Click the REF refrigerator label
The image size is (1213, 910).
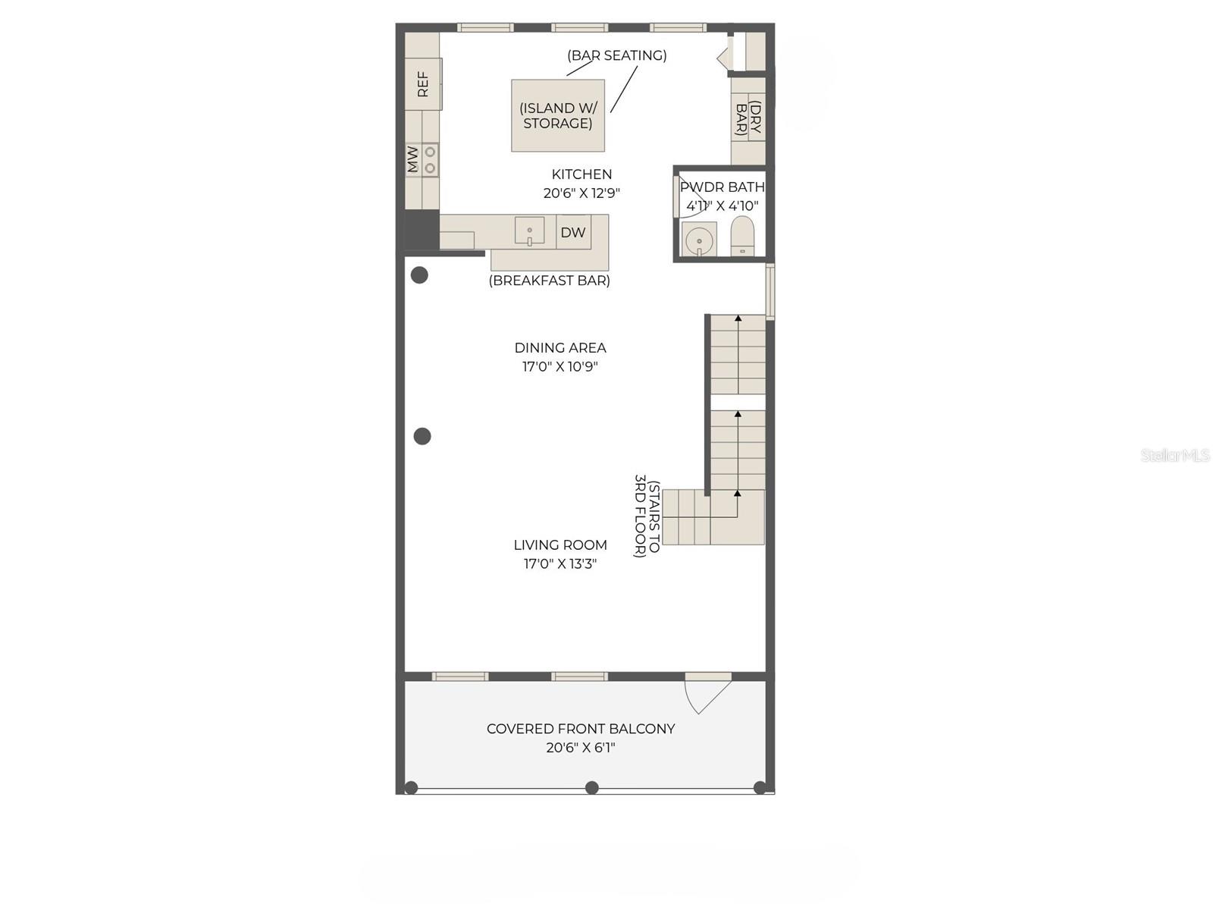[423, 84]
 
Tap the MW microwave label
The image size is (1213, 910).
[412, 160]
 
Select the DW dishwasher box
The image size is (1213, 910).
[573, 233]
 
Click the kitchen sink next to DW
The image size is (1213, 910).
[529, 231]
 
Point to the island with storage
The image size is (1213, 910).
[558, 116]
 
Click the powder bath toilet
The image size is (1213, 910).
[742, 236]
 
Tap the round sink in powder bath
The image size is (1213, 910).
[699, 241]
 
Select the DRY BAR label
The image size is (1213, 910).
[748, 119]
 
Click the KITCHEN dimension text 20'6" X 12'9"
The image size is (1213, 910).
[581, 193]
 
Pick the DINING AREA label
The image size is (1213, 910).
[560, 348]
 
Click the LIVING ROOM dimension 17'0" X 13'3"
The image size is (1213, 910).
[560, 564]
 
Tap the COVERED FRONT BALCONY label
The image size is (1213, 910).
[581, 729]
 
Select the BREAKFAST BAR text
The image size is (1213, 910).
[550, 281]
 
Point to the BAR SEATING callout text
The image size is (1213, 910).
[617, 55]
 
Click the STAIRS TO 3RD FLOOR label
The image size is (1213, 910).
[647, 516]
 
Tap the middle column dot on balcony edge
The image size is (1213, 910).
[592, 788]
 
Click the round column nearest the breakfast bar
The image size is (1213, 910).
[419, 275]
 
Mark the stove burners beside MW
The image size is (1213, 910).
[430, 160]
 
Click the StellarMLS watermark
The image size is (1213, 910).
[1175, 455]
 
